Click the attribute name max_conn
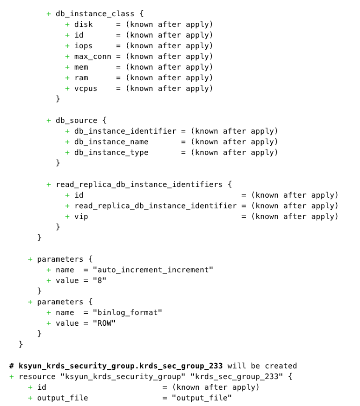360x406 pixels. [x=92, y=56]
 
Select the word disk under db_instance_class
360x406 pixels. [x=84, y=24]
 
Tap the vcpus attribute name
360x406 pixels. [x=86, y=88]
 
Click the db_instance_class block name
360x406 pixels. [x=95, y=13]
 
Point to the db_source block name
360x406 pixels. [x=77, y=120]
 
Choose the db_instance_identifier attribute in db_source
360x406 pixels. [x=125, y=131]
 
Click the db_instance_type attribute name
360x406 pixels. [x=111, y=152]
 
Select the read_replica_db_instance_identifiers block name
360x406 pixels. [x=139, y=184]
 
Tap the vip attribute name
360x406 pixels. [x=81, y=216]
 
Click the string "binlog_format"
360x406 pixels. [x=127, y=312]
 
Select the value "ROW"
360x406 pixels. [x=104, y=323]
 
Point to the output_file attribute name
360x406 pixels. [x=62, y=398]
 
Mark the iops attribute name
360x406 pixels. [x=84, y=45]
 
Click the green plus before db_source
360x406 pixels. [x=49, y=120]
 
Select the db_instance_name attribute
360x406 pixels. [x=111, y=142]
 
